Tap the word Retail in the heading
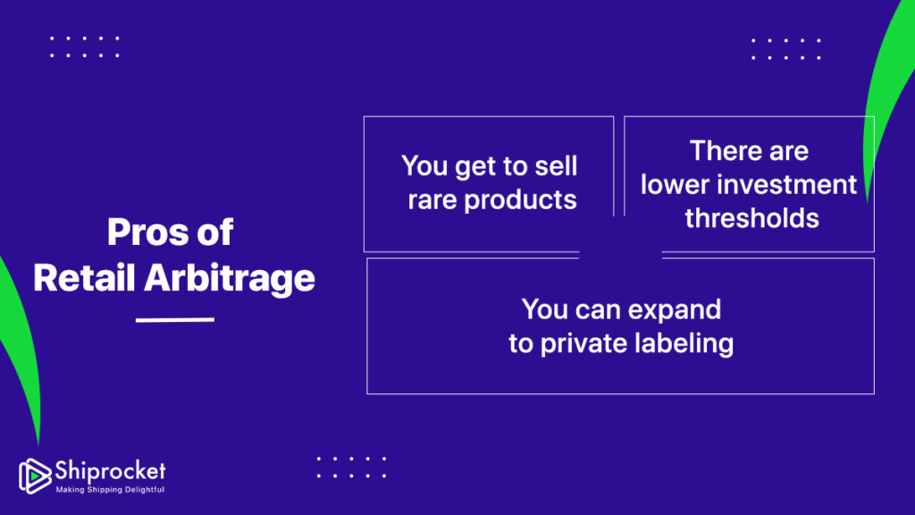(x=84, y=277)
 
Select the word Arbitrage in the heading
(x=230, y=279)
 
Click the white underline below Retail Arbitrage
(x=175, y=319)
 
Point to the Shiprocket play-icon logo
(x=35, y=476)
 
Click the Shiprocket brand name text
(x=110, y=470)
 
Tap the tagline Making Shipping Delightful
(x=110, y=489)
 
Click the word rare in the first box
(x=432, y=200)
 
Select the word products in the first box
(x=521, y=200)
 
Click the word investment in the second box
(x=786, y=184)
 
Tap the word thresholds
(x=752, y=218)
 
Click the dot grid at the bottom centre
(x=351, y=467)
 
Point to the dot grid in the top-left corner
(x=85, y=46)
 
